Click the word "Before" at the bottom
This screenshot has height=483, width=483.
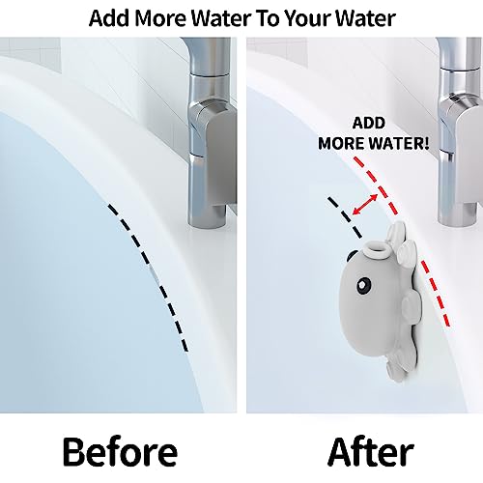[x=121, y=451]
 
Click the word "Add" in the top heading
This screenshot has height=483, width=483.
[x=111, y=17]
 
